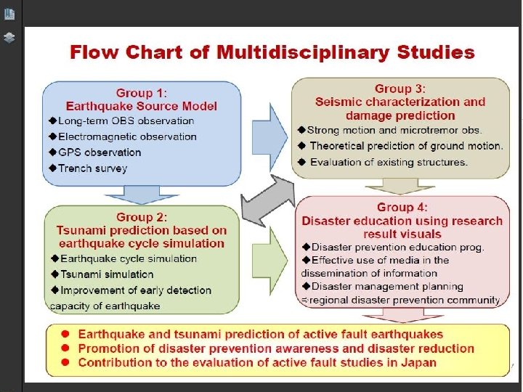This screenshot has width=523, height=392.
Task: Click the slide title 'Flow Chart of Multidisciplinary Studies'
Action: pyautogui.click(x=272, y=53)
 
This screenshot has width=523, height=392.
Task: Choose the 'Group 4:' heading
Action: pyautogui.click(x=402, y=208)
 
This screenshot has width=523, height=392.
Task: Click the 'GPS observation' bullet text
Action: pyautogui.click(x=100, y=152)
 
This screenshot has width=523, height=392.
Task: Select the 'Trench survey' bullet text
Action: pyautogui.click(x=92, y=168)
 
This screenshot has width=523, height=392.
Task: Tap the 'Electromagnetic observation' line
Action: pyautogui.click(x=127, y=136)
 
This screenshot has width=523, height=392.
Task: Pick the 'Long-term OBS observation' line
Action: pyautogui.click(x=126, y=121)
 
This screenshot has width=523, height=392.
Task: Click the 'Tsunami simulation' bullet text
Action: pyautogui.click(x=107, y=274)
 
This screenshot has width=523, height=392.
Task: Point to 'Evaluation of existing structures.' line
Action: pyautogui.click(x=388, y=162)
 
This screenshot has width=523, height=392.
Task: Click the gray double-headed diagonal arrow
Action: pyautogui.click(x=268, y=201)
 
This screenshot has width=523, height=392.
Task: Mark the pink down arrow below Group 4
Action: pyautogui.click(x=402, y=315)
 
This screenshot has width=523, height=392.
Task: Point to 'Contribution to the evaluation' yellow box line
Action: pyautogui.click(x=256, y=362)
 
